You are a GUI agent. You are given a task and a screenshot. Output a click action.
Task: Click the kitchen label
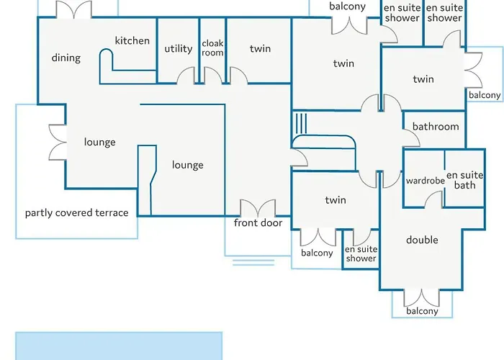tap(132, 40)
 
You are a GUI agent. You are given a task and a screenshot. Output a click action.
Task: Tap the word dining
tap(66, 58)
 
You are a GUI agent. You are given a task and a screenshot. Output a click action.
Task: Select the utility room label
tap(179, 49)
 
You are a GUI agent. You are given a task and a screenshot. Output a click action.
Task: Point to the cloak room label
tap(212, 48)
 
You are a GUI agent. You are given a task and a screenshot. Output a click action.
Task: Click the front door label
tap(258, 222)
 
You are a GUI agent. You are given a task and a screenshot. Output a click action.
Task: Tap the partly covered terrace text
tap(77, 212)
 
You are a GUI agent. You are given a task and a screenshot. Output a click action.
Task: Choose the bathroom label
tap(436, 126)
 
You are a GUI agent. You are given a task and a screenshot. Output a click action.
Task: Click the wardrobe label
tap(426, 181)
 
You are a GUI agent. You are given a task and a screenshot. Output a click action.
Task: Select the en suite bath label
tap(465, 180)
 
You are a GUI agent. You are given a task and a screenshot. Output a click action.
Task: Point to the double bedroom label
tap(422, 240)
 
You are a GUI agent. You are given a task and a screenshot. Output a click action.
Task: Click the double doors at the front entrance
tap(258, 208)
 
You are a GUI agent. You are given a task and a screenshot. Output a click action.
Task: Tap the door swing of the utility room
tap(186, 75)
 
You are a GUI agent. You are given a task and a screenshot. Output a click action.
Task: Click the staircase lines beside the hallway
tap(301, 123)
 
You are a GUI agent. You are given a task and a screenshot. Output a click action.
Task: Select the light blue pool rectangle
tap(119, 346)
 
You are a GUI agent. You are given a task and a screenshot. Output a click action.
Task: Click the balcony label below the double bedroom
tap(422, 311)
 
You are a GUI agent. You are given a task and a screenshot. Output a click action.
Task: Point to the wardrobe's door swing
tap(433, 199)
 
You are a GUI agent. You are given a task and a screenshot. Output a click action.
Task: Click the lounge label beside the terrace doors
tap(99, 142)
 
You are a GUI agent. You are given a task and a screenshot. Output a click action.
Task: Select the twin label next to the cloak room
tap(260, 48)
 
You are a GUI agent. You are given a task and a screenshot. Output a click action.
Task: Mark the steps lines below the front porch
tap(253, 263)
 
